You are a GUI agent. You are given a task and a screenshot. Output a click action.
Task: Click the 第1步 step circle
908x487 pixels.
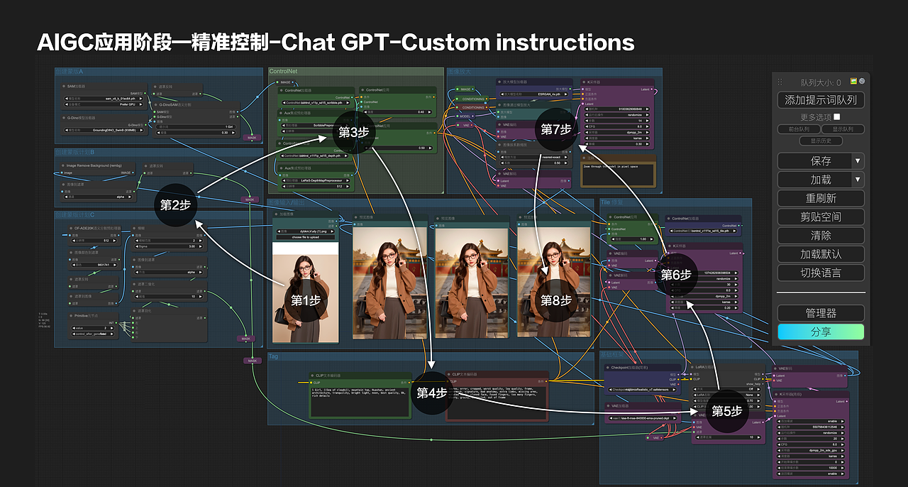point(306,300)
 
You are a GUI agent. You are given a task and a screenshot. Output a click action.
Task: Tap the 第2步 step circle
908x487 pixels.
point(175,205)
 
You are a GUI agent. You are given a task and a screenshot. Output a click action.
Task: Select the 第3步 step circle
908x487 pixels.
point(353,133)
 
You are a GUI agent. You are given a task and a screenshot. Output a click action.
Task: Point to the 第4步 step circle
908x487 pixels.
point(432,393)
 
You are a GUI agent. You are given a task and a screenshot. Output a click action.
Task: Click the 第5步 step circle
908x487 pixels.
point(726,411)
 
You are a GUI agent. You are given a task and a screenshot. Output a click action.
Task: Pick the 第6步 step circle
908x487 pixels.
point(676,274)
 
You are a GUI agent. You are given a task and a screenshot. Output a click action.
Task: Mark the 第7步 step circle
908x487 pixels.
point(556,129)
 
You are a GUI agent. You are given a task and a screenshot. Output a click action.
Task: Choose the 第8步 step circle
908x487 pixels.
point(556,300)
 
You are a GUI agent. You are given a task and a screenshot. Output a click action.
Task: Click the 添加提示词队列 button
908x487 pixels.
point(821,100)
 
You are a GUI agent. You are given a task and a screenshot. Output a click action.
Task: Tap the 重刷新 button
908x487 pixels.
point(821,198)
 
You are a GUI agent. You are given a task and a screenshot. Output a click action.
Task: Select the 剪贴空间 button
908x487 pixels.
point(821,217)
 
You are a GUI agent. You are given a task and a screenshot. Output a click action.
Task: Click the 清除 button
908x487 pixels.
point(821,235)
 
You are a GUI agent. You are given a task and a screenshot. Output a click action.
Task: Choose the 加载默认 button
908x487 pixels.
point(821,253)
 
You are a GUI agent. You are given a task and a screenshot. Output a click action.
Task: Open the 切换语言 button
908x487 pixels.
point(821,272)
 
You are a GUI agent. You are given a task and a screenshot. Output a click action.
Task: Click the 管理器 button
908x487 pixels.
point(821,313)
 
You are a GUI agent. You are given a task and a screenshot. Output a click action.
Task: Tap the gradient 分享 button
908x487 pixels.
point(821,332)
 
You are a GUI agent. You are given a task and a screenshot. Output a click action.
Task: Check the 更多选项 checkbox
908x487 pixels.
point(837,116)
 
